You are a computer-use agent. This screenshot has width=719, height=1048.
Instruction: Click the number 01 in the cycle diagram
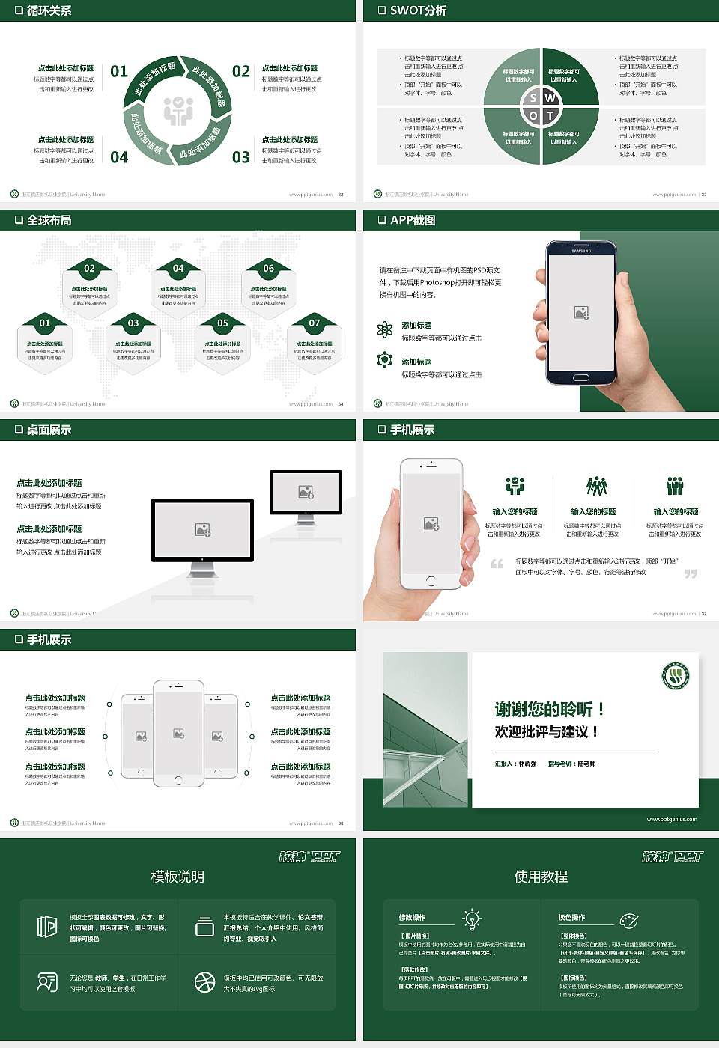click(x=119, y=71)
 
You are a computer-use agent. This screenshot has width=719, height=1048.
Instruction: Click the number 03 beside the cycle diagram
click(x=240, y=157)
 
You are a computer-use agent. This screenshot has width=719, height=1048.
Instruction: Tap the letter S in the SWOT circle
click(x=533, y=98)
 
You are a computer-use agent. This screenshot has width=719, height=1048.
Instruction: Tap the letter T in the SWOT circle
click(x=550, y=115)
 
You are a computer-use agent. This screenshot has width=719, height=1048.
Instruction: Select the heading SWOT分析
click(x=418, y=10)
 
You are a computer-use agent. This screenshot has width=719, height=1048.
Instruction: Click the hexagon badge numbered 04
click(x=178, y=268)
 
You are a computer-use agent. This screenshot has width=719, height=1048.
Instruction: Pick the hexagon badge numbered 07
click(x=315, y=323)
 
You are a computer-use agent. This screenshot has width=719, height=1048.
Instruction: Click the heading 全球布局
click(x=49, y=220)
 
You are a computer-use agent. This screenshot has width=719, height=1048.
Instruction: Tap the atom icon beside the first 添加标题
click(x=385, y=329)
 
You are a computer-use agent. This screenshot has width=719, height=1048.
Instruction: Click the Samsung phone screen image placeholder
click(x=581, y=313)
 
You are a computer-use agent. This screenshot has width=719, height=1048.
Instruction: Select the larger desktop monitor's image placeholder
click(x=202, y=529)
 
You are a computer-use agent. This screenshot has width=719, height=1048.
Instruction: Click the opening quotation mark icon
click(x=497, y=564)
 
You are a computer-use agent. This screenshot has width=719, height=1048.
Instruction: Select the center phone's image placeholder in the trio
click(x=178, y=734)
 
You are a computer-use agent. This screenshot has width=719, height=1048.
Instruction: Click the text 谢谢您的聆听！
click(x=549, y=709)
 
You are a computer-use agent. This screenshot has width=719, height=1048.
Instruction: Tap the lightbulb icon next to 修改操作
click(x=472, y=918)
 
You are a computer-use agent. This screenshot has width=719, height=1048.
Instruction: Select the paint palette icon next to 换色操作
click(x=628, y=920)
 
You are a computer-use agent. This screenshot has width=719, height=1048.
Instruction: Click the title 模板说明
click(x=178, y=877)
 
